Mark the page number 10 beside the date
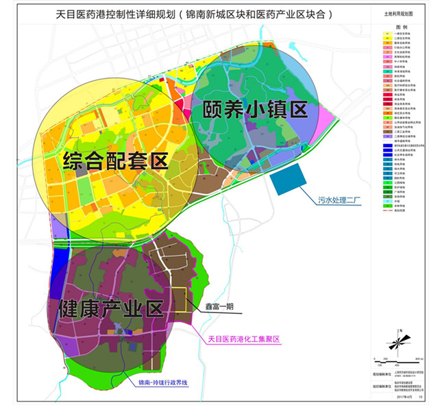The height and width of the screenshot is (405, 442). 426,396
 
